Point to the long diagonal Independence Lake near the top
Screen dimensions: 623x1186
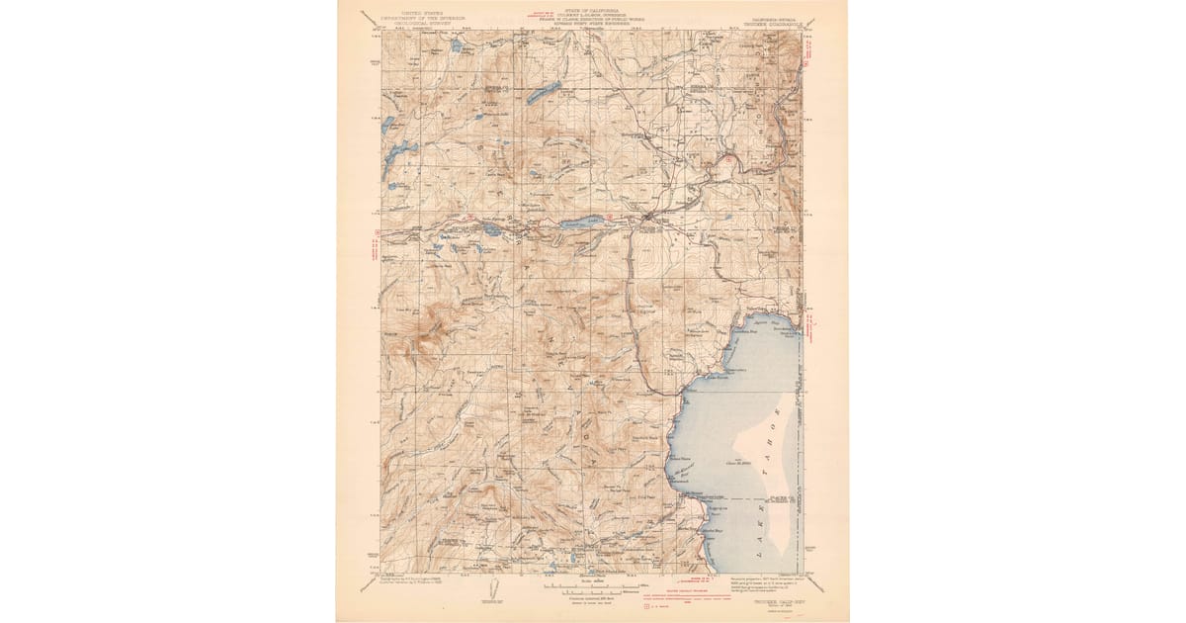tap(543, 94)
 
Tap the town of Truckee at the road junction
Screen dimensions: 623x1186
tap(646, 216)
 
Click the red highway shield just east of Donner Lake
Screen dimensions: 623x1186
tap(610, 217)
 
